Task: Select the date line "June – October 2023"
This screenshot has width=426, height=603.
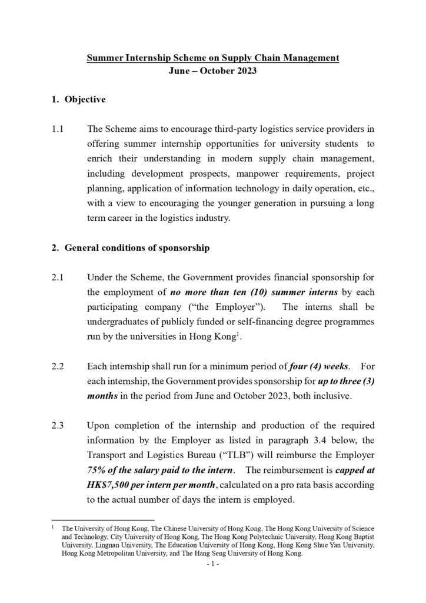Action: point(213,74)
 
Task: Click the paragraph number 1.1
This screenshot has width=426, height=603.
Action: point(58,128)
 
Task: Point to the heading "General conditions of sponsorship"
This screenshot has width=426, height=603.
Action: point(137,248)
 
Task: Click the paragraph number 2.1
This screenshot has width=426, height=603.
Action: point(58,276)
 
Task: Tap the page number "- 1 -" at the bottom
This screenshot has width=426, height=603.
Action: point(212,564)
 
